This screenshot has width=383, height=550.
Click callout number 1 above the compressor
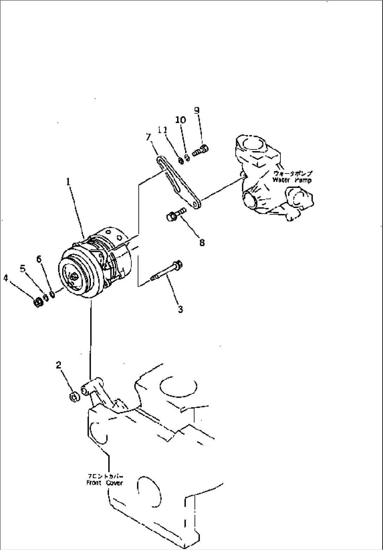point(69,182)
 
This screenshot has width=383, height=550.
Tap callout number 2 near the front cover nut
point(58,365)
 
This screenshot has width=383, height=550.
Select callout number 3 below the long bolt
point(180,309)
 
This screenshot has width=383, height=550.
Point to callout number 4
point(6,278)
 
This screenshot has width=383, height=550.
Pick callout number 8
point(202,242)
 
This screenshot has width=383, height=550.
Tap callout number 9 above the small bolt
point(197,110)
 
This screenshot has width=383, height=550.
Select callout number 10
point(181,120)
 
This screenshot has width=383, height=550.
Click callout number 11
point(162,130)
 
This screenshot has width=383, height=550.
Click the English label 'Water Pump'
point(292,180)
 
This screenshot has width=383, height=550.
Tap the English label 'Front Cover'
point(105,483)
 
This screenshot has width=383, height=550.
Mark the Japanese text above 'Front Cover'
point(105,477)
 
